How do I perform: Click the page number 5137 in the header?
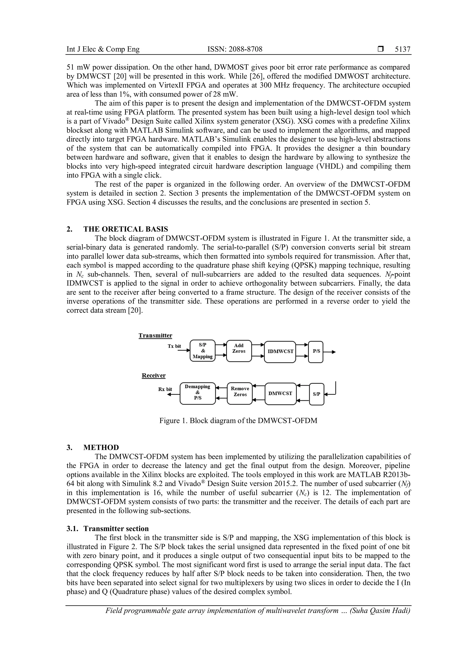[403, 49]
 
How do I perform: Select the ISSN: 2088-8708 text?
[235, 49]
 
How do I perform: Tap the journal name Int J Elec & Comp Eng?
[103, 49]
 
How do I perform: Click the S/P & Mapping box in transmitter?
[203, 351]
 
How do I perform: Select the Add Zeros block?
[239, 351]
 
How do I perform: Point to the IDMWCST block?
[280, 352]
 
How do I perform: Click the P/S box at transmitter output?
[316, 352]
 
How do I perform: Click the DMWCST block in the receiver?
[280, 393]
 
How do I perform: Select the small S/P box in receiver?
[317, 394]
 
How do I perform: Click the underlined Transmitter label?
[155, 335]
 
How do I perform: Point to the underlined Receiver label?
[154, 375]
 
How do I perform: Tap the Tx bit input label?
[174, 346]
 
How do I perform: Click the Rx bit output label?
[165, 389]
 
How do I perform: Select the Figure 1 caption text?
[238, 421]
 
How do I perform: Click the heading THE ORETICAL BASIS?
[126, 229]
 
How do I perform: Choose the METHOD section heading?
[101, 447]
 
